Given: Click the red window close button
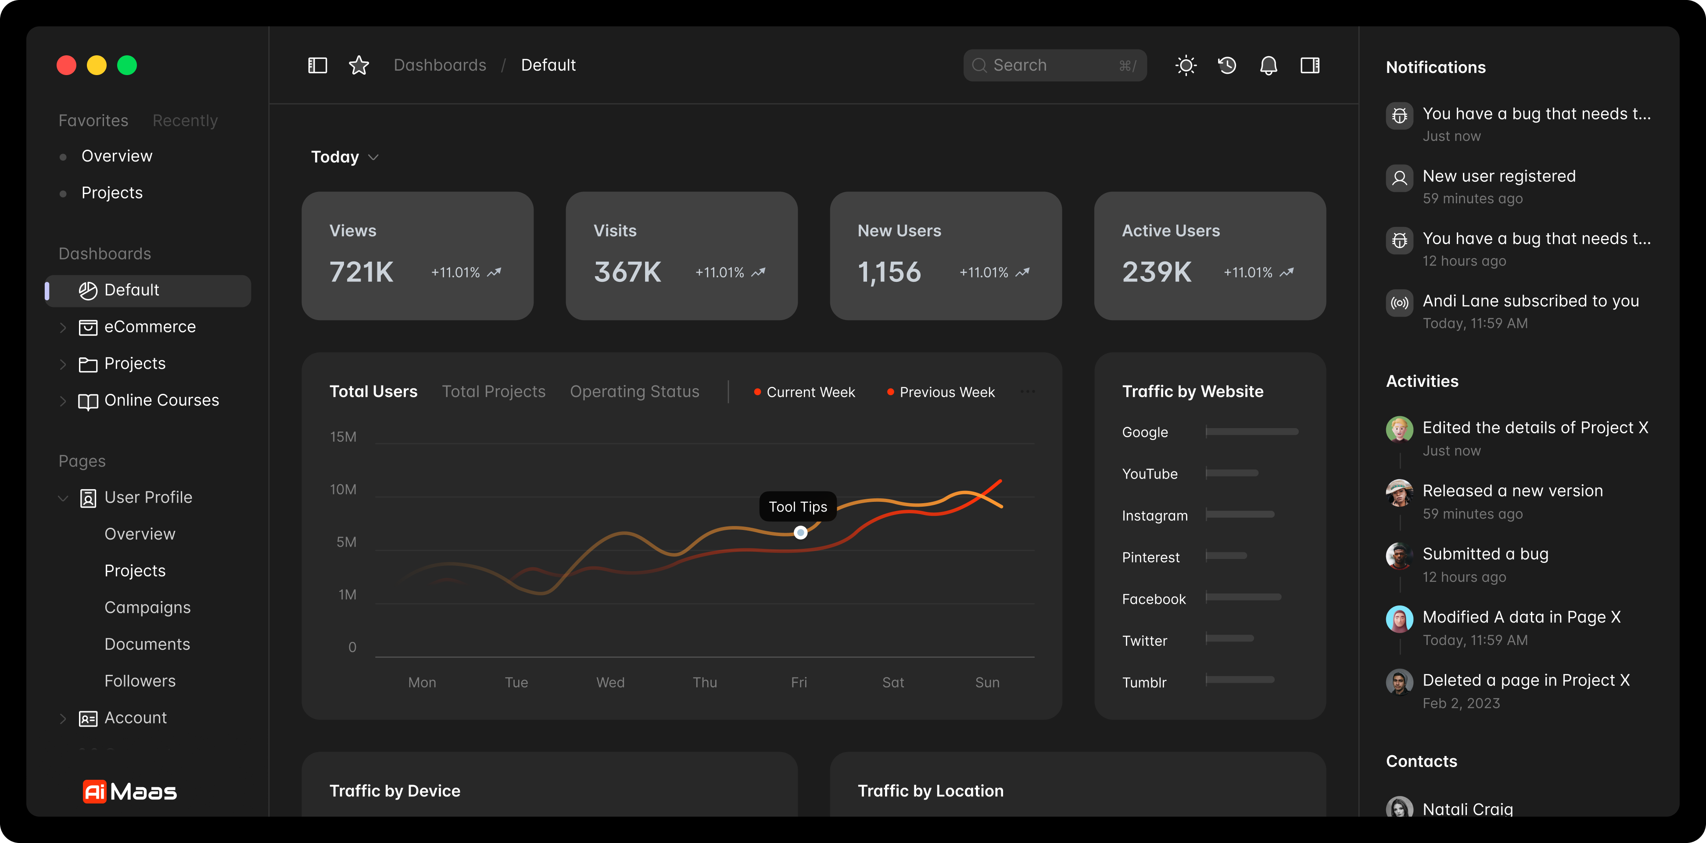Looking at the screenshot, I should [x=66, y=65].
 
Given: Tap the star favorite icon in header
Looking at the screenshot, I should [x=359, y=65].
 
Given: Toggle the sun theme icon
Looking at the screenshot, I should [x=1186, y=65].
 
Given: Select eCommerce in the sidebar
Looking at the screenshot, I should [x=150, y=327].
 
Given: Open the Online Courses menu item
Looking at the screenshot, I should [x=161, y=400].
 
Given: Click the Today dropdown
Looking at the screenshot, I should [x=344, y=157].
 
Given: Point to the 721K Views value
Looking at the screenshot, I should [x=362, y=272].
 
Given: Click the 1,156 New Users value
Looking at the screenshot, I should [x=889, y=272].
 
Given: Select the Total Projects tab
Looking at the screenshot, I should [x=493, y=392].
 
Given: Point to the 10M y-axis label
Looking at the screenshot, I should [x=343, y=490].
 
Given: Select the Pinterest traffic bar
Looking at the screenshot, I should [x=1226, y=556].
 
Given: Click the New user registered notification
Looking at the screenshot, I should [x=1499, y=177].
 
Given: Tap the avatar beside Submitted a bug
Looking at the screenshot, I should [x=1399, y=556].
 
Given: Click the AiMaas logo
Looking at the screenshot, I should [x=130, y=791].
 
